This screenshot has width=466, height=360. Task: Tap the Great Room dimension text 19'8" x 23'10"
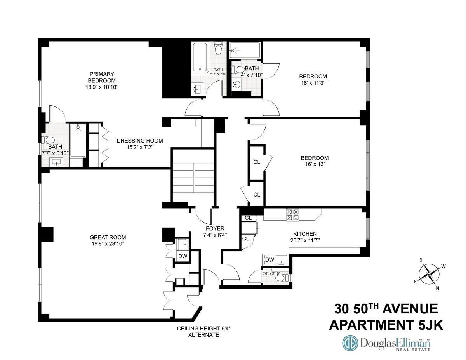pos(108,244)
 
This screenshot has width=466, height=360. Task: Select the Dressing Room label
pos(140,141)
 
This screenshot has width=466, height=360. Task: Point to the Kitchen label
pos(305,234)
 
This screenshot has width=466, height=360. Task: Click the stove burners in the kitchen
pos(292,215)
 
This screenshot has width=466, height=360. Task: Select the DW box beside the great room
pos(182,256)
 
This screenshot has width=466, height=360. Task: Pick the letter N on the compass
pos(438,288)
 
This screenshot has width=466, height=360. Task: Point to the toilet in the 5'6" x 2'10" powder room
pos(286,278)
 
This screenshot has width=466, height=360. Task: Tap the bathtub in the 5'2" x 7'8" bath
pos(200,57)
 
